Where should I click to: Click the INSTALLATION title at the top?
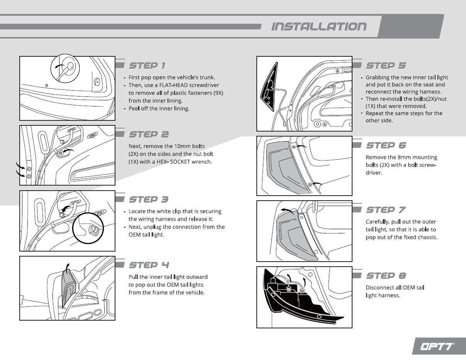(x=319, y=27)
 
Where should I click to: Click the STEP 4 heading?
(x=149, y=265)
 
